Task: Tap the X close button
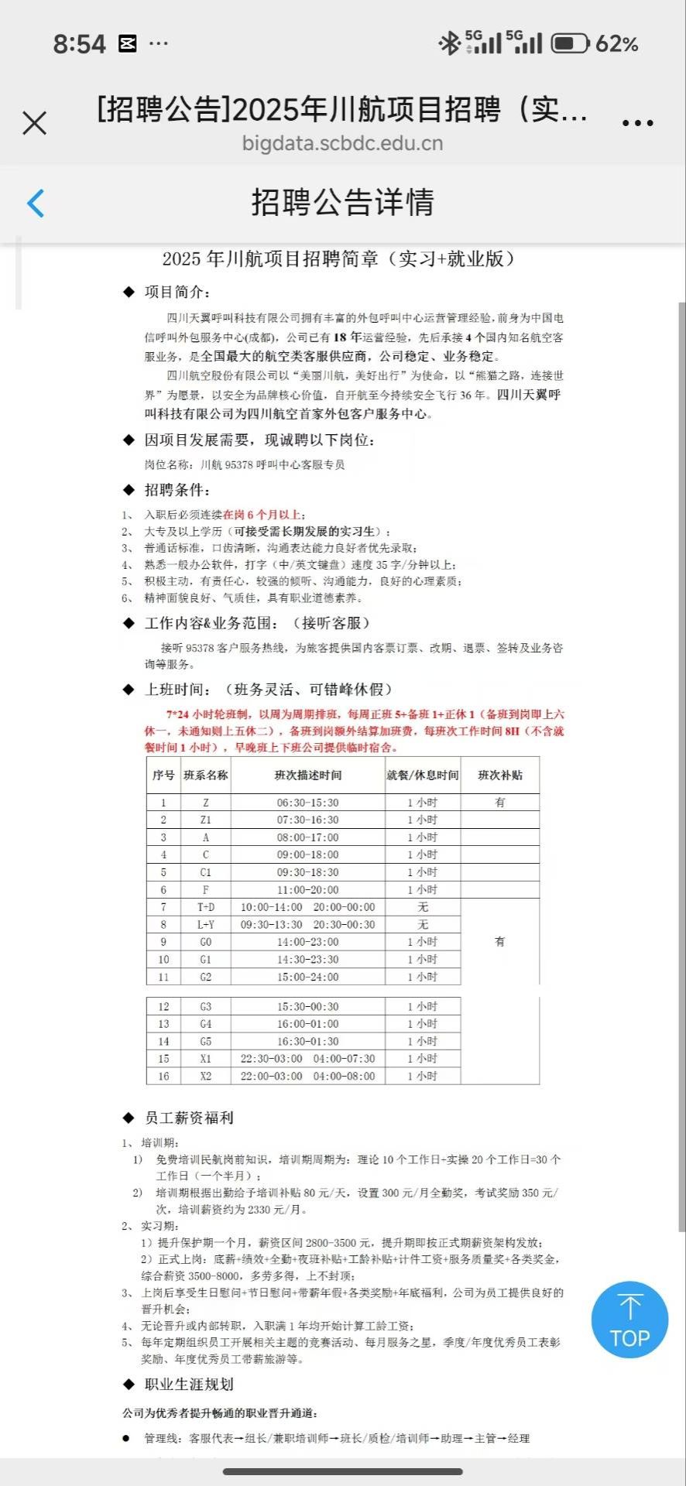35,123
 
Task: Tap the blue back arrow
36,204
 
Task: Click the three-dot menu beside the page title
637,123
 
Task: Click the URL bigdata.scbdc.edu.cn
342,143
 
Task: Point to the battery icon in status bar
571,43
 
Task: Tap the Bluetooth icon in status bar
449,43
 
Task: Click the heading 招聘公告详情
342,203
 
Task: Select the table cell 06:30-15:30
307,803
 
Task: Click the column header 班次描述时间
307,775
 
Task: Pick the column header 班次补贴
499,775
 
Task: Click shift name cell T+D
205,907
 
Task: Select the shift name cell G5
205,1042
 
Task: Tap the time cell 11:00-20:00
307,890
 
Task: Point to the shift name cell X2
205,1077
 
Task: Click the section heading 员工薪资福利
189,1118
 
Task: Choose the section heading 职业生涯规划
189,1384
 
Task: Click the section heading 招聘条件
177,490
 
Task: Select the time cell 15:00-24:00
307,978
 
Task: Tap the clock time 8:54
79,44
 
